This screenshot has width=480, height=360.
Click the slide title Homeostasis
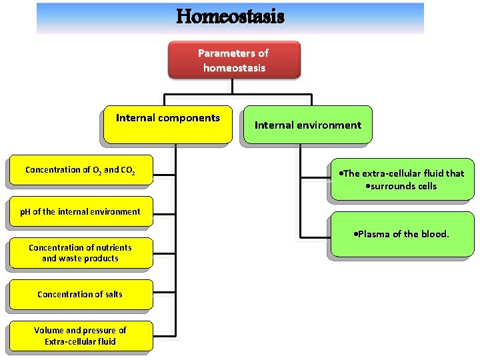pyautogui.click(x=230, y=16)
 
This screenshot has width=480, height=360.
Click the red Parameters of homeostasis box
pyautogui.click(x=233, y=60)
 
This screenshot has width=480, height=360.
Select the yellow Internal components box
pyautogui.click(x=168, y=125)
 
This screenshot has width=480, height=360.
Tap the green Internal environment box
pyautogui.click(x=307, y=125)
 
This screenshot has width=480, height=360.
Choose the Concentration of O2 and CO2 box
pyautogui.click(x=80, y=170)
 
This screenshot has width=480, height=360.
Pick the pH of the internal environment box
pyautogui.click(x=80, y=211)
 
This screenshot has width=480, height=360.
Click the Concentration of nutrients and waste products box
pyautogui.click(x=80, y=253)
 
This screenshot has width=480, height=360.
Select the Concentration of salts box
pyautogui.click(x=80, y=294)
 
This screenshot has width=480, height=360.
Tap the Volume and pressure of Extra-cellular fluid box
pyautogui.click(x=80, y=335)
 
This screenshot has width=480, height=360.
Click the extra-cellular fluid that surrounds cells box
pyautogui.click(x=401, y=179)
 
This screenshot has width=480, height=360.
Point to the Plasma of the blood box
pyautogui.click(x=401, y=234)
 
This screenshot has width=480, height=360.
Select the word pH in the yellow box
pyautogui.click(x=25, y=212)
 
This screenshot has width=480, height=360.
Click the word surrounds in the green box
pyautogui.click(x=395, y=186)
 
